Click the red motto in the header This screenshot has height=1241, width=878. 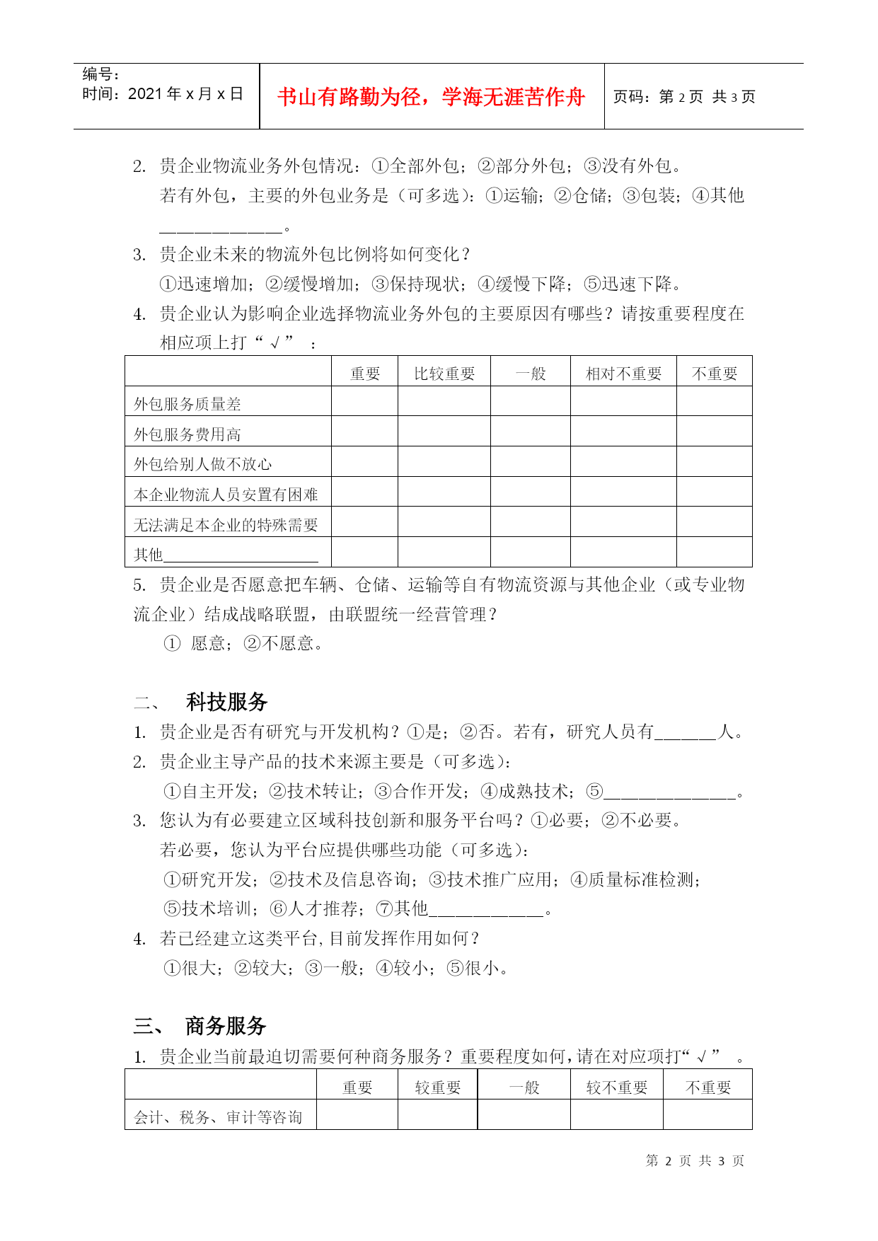coord(431,97)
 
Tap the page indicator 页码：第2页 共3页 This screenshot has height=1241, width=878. coord(683,97)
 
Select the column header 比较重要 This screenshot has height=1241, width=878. coord(444,374)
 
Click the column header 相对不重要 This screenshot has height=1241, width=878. coord(623,374)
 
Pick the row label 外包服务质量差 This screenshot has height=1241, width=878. coord(187,404)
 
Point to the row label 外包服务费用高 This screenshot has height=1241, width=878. coord(187,434)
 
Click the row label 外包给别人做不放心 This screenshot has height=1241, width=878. coord(203,464)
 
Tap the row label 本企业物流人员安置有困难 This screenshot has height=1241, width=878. coord(226,495)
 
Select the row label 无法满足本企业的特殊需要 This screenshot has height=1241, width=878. coord(226,525)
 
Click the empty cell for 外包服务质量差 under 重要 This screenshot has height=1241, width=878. coord(364,401)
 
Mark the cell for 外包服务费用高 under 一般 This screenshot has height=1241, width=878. coord(531,431)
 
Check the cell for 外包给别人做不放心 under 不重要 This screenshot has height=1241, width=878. coord(714,461)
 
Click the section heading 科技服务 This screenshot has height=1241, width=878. coord(226,702)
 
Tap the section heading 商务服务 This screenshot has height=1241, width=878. coord(226,1025)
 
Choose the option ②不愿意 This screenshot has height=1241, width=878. coord(283,643)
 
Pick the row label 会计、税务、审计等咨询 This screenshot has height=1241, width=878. coord(218,1117)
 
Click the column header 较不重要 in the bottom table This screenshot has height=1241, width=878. coord(616,1087)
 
